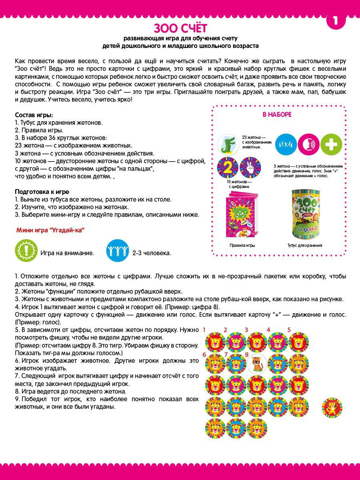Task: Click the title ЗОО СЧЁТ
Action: pos(180,28)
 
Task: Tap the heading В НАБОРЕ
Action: pos(277,115)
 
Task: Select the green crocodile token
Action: pos(228,144)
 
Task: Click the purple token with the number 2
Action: pos(227,168)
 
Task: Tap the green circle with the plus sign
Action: pos(331,144)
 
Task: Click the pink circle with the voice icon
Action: pos(308,144)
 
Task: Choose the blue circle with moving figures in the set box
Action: pos(286,144)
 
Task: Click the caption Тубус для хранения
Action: pos(304,245)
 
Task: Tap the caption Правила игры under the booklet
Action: pos(242,245)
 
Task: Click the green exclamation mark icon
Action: pos(26,250)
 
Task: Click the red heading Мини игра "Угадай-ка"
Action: pos(52,230)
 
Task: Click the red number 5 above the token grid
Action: pos(289,330)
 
